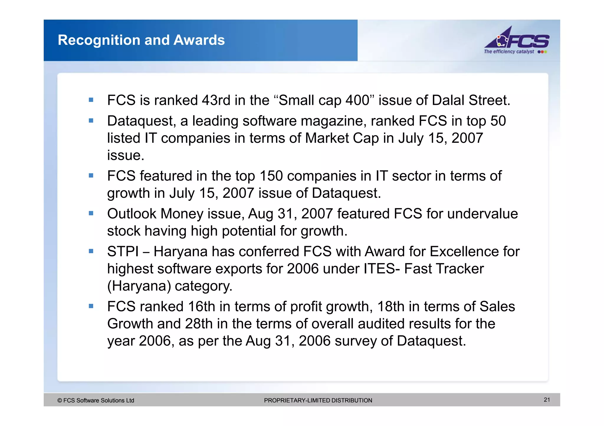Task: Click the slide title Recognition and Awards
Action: [141, 40]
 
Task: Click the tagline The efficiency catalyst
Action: [509, 52]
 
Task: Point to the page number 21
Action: [547, 400]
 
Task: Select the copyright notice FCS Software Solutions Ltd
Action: [96, 400]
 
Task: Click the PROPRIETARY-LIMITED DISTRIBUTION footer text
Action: [318, 400]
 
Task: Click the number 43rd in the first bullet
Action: [216, 100]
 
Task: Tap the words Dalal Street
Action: [471, 100]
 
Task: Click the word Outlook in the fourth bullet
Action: [132, 214]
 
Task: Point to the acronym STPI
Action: [123, 252]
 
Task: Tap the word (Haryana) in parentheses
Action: [139, 286]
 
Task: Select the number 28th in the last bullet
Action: [198, 324]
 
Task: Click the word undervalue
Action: [482, 214]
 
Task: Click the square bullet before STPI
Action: [91, 251]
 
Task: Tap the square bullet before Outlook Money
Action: [91, 213]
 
